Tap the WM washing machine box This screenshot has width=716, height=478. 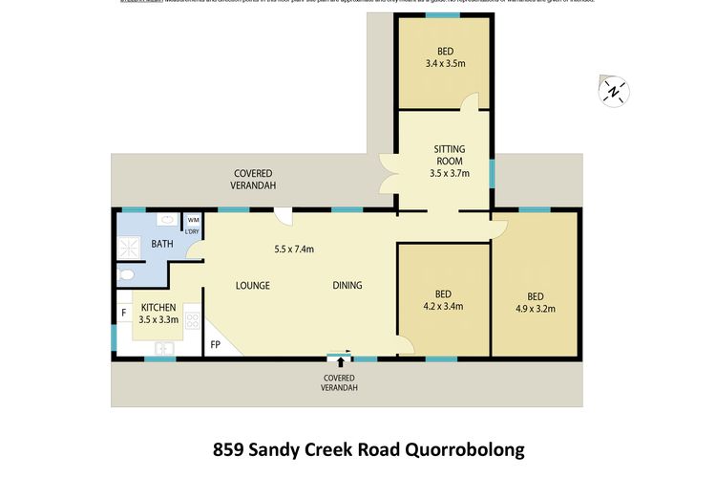(193, 220)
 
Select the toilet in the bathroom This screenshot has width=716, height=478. (127, 274)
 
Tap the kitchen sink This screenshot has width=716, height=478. (164, 348)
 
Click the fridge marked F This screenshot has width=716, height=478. (123, 313)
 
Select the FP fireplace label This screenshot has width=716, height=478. (215, 345)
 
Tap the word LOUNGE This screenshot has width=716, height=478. (252, 285)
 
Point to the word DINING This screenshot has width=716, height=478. (349, 285)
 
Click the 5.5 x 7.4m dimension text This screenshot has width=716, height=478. (294, 249)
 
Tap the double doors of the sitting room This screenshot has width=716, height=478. (389, 177)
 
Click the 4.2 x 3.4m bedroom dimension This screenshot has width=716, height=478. (443, 307)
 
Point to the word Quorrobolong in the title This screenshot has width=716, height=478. (457, 448)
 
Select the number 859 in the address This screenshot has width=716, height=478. (229, 448)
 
